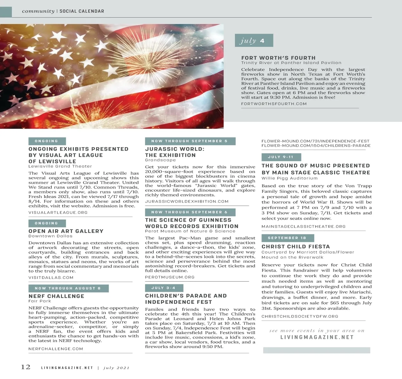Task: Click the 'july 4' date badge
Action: pyautogui.click(x=254, y=41)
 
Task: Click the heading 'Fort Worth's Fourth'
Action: pyautogui.click(x=278, y=58)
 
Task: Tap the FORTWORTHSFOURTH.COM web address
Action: pyautogui.click(x=274, y=104)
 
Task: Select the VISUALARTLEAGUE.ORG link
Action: pyautogui.click(x=58, y=213)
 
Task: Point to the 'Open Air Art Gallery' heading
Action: pyautogui.click(x=66, y=231)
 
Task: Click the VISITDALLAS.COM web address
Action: pyautogui.click(x=51, y=278)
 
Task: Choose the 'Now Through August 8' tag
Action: pyautogui.click(x=68, y=288)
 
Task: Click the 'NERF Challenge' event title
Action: pyautogui.click(x=57, y=296)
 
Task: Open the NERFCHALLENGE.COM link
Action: pyautogui.click(x=56, y=349)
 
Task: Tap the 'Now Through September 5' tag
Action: pyautogui.click(x=190, y=141)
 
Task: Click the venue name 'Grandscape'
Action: pyautogui.click(x=160, y=160)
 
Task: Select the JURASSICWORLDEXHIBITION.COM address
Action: pyautogui.click(x=187, y=201)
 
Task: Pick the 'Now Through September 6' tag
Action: pyautogui.click(x=190, y=212)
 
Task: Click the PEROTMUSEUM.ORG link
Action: pyautogui.click(x=170, y=277)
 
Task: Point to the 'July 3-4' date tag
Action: pyautogui.click(x=164, y=288)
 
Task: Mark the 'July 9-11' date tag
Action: pyautogui.click(x=281, y=157)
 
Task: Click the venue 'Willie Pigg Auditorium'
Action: pyautogui.click(x=290, y=178)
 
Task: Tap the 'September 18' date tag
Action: pyautogui.click(x=287, y=238)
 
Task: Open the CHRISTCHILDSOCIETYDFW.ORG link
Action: pyautogui.click(x=300, y=316)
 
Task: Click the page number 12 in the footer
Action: pyautogui.click(x=26, y=367)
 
